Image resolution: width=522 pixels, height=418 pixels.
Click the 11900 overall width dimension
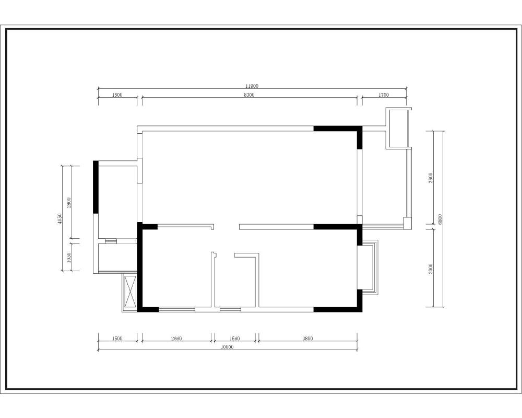tap(252, 86)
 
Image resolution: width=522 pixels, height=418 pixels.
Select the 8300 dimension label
tap(249, 95)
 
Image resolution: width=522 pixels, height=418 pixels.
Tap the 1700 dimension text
tap(384, 95)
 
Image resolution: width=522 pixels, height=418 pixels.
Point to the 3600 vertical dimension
tap(431, 178)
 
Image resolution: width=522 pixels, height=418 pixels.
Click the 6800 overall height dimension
tap(440, 219)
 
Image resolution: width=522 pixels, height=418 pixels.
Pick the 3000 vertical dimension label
tap(431, 269)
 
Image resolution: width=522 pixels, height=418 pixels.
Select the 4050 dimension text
tap(60, 219)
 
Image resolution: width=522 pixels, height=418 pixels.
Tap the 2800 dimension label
tap(68, 203)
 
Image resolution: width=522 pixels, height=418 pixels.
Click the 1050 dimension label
tap(68, 258)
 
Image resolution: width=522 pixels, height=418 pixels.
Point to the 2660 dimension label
tap(176, 339)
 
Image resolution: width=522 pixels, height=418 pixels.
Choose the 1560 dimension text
tap(234, 339)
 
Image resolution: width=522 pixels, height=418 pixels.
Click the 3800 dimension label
tap(307, 339)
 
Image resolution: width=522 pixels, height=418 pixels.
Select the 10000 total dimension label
tap(228, 347)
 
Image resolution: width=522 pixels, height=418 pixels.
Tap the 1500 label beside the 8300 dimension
tap(117, 95)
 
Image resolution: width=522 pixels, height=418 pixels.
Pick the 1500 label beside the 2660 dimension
tap(117, 339)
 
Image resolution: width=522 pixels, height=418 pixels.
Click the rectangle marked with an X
tap(130, 292)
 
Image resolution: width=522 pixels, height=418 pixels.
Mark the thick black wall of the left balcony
tap(96, 187)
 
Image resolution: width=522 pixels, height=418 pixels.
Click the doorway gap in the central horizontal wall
tap(227, 227)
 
